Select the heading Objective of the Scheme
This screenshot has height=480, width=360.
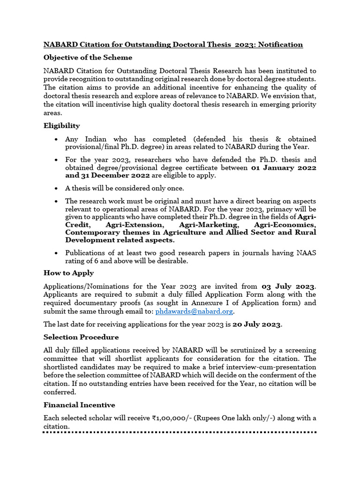pyautogui.click(x=88, y=58)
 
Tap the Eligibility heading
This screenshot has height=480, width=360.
pyautogui.click(x=61, y=126)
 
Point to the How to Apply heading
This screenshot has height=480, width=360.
pyautogui.click(x=68, y=273)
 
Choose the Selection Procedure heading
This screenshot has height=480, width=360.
pyautogui.click(x=81, y=337)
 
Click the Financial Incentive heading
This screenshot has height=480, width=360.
pyautogui.click(x=79, y=405)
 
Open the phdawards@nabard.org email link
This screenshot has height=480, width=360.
pyautogui.click(x=194, y=311)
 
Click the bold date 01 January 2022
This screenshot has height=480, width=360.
pyautogui.click(x=284, y=167)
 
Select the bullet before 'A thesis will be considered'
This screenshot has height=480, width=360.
pyautogui.click(x=56, y=188)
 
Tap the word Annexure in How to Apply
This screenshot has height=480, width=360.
pyautogui.click(x=202, y=303)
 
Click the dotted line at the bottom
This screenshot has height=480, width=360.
pyautogui.click(x=180, y=432)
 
